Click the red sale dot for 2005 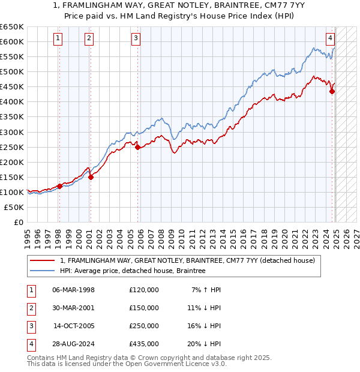(137, 146)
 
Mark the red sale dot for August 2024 (332, 91)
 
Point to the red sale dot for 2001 (91, 177)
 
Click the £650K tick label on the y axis (11, 27)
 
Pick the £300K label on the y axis (11, 132)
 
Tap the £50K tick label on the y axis (14, 207)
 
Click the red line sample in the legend (42, 260)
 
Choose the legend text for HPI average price (133, 271)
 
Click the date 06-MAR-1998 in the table (73, 290)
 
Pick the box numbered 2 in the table (29, 308)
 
